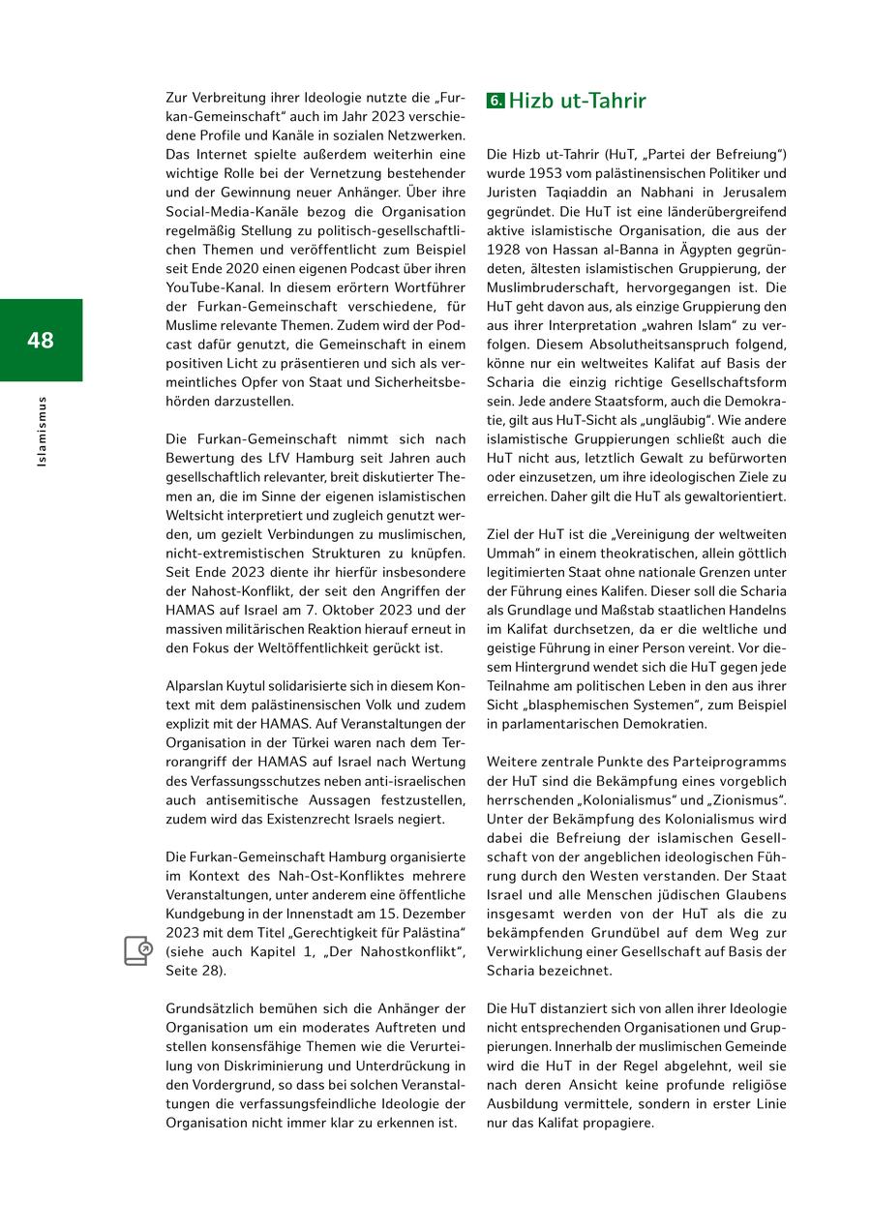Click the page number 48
(x=41, y=340)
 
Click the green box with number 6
(x=496, y=101)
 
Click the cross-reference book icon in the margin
(x=137, y=950)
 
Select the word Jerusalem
(x=750, y=193)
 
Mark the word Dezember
(x=433, y=914)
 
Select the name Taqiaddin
(x=586, y=193)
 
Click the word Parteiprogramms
(x=730, y=762)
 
